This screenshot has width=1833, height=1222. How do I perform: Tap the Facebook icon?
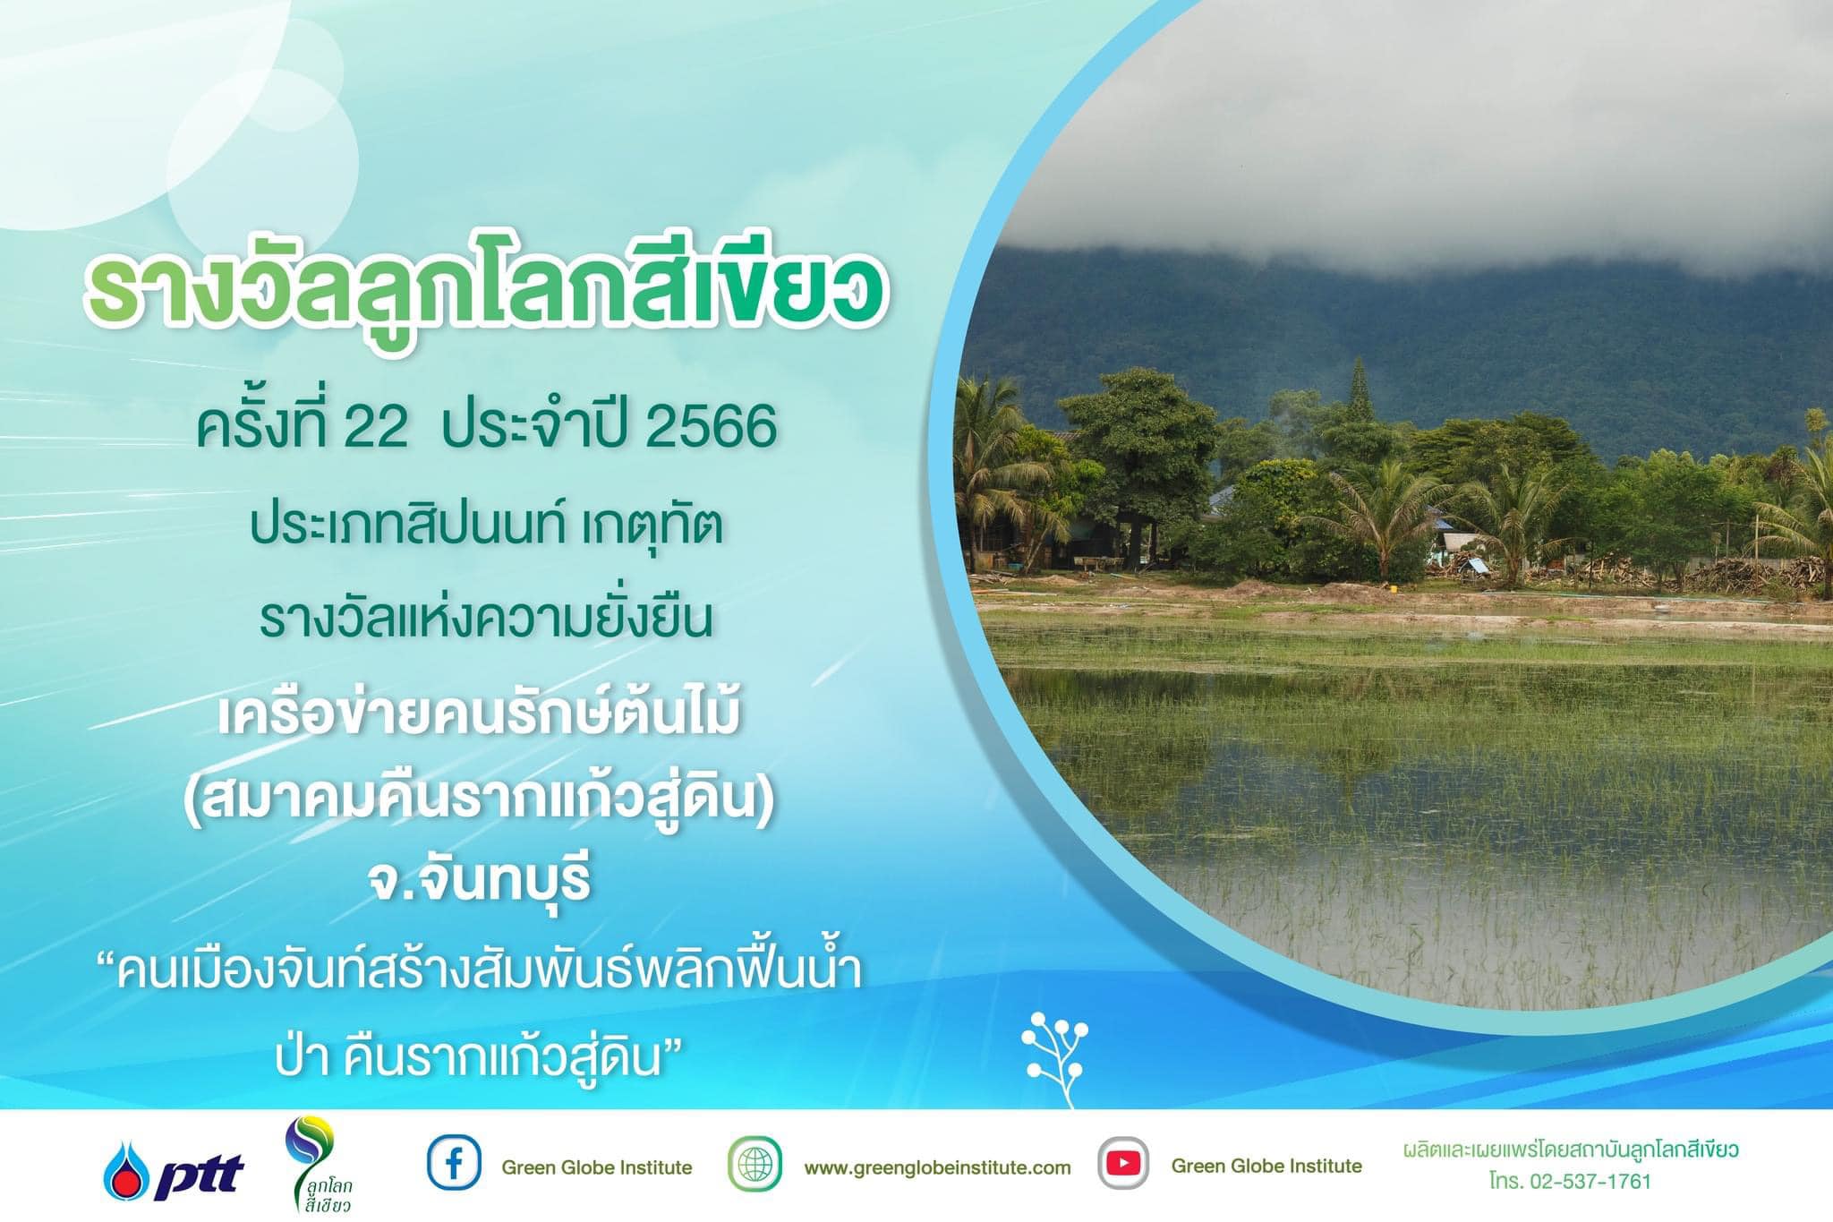[x=454, y=1163]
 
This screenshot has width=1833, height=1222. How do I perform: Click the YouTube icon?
[x=1123, y=1163]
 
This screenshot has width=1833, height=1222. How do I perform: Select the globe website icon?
[x=755, y=1164]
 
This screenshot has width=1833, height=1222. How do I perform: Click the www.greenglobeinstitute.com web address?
[x=937, y=1167]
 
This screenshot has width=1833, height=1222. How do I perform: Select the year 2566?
[x=711, y=428]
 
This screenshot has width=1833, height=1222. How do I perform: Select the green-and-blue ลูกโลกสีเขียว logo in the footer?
[x=319, y=1166]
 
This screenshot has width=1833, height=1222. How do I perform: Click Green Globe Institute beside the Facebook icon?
[x=597, y=1167]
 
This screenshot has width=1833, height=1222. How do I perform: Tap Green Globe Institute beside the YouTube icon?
[x=1266, y=1166]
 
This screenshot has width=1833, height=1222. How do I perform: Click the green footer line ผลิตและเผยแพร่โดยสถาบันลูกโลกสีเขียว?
[x=1571, y=1149]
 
